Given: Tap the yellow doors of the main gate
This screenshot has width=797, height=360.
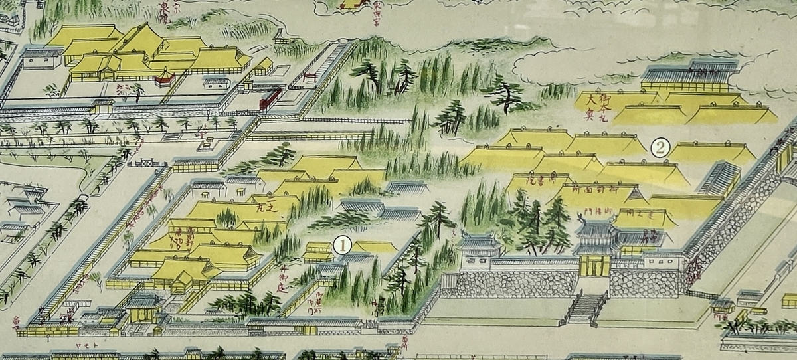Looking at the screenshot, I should pyautogui.click(x=594, y=265).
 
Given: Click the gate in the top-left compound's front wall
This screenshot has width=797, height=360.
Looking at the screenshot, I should pyautogui.click(x=104, y=106).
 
